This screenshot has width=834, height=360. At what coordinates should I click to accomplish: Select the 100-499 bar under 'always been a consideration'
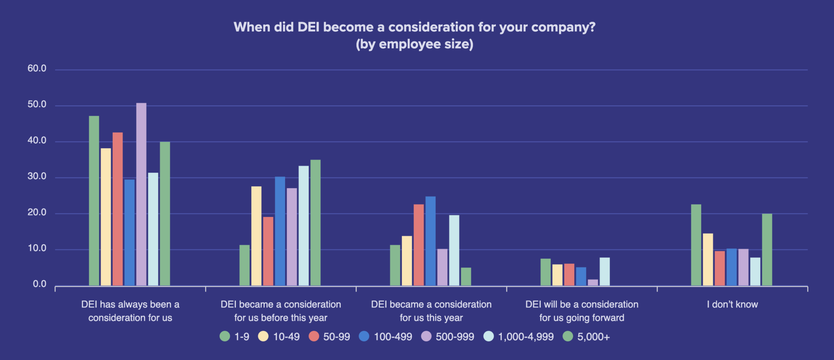[129, 232]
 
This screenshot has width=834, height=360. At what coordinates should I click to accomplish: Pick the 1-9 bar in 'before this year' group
[244, 265]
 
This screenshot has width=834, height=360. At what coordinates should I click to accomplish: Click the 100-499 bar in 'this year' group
[430, 241]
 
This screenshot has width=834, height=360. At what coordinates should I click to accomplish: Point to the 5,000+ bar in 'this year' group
[466, 277]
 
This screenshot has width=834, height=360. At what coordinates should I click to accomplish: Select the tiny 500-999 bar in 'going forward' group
[593, 282]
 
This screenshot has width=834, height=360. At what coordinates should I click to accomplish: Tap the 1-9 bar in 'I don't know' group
[696, 245]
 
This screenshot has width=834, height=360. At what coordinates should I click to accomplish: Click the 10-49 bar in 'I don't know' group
[708, 259]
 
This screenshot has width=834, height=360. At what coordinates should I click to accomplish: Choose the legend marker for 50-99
[314, 336]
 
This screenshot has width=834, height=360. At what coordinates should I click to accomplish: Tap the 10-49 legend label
[286, 337]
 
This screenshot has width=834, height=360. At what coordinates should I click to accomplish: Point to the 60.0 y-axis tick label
[37, 68]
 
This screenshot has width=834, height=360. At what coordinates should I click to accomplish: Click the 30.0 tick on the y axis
[37, 176]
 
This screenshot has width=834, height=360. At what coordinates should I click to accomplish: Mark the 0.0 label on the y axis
[40, 284]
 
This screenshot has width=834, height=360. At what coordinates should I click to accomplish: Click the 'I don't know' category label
[732, 304]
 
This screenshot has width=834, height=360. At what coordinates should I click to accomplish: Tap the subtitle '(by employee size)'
[415, 44]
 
